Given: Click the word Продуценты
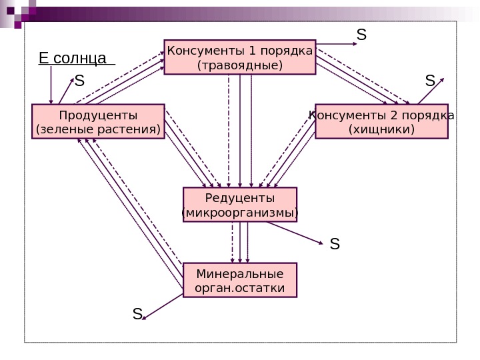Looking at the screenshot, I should coord(98,115).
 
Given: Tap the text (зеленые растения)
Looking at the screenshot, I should coord(98,129).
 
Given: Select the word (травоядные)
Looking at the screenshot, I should coord(240,65).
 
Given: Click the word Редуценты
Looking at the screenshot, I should coord(239,199).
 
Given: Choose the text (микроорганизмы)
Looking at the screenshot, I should coord(239,213).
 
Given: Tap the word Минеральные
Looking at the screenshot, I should coord(239,274).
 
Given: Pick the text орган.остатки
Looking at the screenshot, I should coord(239,288).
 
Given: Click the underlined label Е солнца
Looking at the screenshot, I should coord(73,59).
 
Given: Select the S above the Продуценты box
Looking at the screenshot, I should coord(79,81).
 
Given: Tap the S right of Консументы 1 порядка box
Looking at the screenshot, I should coord(361,34).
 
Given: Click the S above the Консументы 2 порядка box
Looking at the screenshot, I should coord(430,81).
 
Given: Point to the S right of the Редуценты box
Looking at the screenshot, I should coord(335,244).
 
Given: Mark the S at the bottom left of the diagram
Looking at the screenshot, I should coord(137,313).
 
